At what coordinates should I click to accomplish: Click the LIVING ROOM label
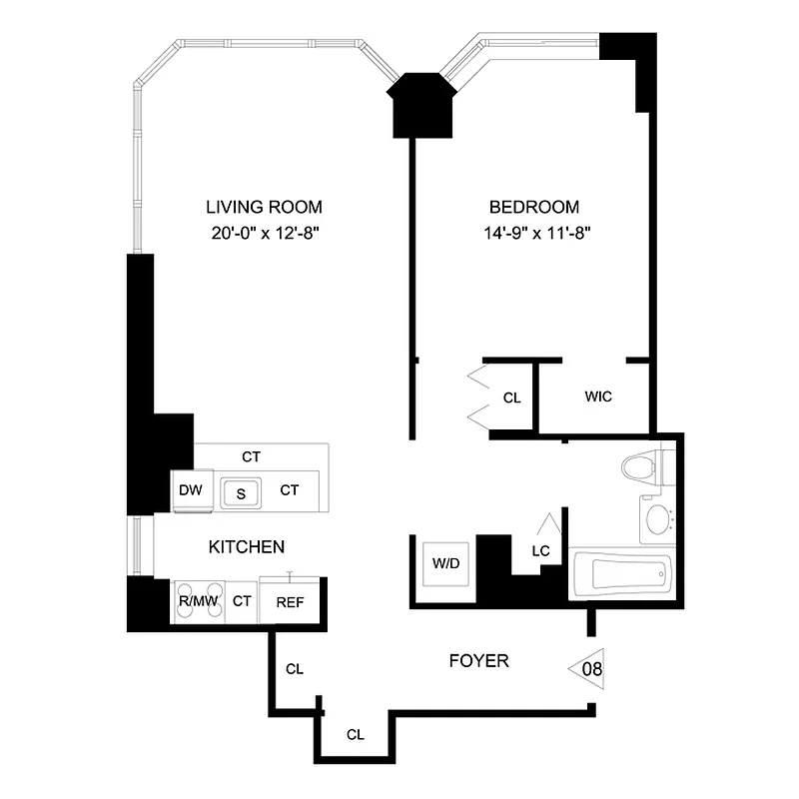click(264, 208)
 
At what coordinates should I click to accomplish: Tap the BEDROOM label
click(533, 208)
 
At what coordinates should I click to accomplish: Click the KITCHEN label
click(247, 547)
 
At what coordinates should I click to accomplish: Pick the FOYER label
click(478, 660)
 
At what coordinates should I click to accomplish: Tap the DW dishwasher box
click(191, 489)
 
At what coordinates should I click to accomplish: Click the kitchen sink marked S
click(241, 491)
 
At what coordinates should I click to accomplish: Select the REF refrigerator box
click(292, 601)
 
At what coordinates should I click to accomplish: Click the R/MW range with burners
click(197, 601)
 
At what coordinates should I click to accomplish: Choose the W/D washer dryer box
click(444, 563)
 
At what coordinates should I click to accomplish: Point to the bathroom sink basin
click(657, 519)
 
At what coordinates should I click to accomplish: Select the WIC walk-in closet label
click(598, 397)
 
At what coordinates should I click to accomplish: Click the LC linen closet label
click(540, 550)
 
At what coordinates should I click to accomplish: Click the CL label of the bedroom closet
click(512, 398)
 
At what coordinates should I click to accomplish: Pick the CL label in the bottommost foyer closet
click(355, 734)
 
